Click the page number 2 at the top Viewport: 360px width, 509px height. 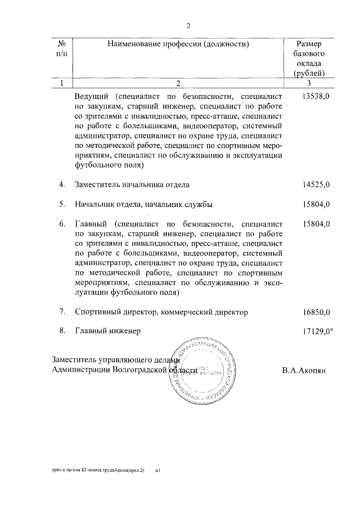(189, 25)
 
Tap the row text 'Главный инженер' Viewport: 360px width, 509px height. (107, 331)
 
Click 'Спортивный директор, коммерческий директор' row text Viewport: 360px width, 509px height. (161, 312)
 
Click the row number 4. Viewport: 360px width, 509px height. (62, 184)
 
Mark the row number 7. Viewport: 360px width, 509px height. (62, 312)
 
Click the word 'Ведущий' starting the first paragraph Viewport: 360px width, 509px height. (91, 97)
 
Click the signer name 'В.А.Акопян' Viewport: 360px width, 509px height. (304, 371)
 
